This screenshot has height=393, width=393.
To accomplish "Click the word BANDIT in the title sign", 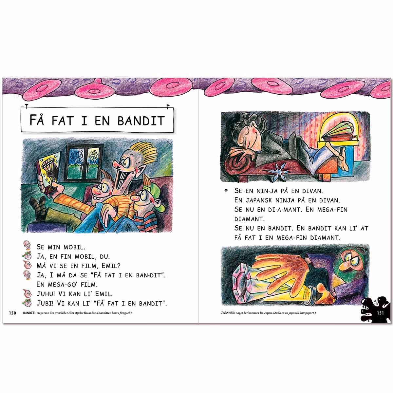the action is (141, 121).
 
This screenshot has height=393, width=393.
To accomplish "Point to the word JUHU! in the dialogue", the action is (46, 294).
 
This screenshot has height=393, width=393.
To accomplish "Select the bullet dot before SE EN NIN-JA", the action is (226, 191).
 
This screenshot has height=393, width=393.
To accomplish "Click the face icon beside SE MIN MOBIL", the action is (27, 245).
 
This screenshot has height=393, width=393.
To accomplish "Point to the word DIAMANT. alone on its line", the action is (250, 219).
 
